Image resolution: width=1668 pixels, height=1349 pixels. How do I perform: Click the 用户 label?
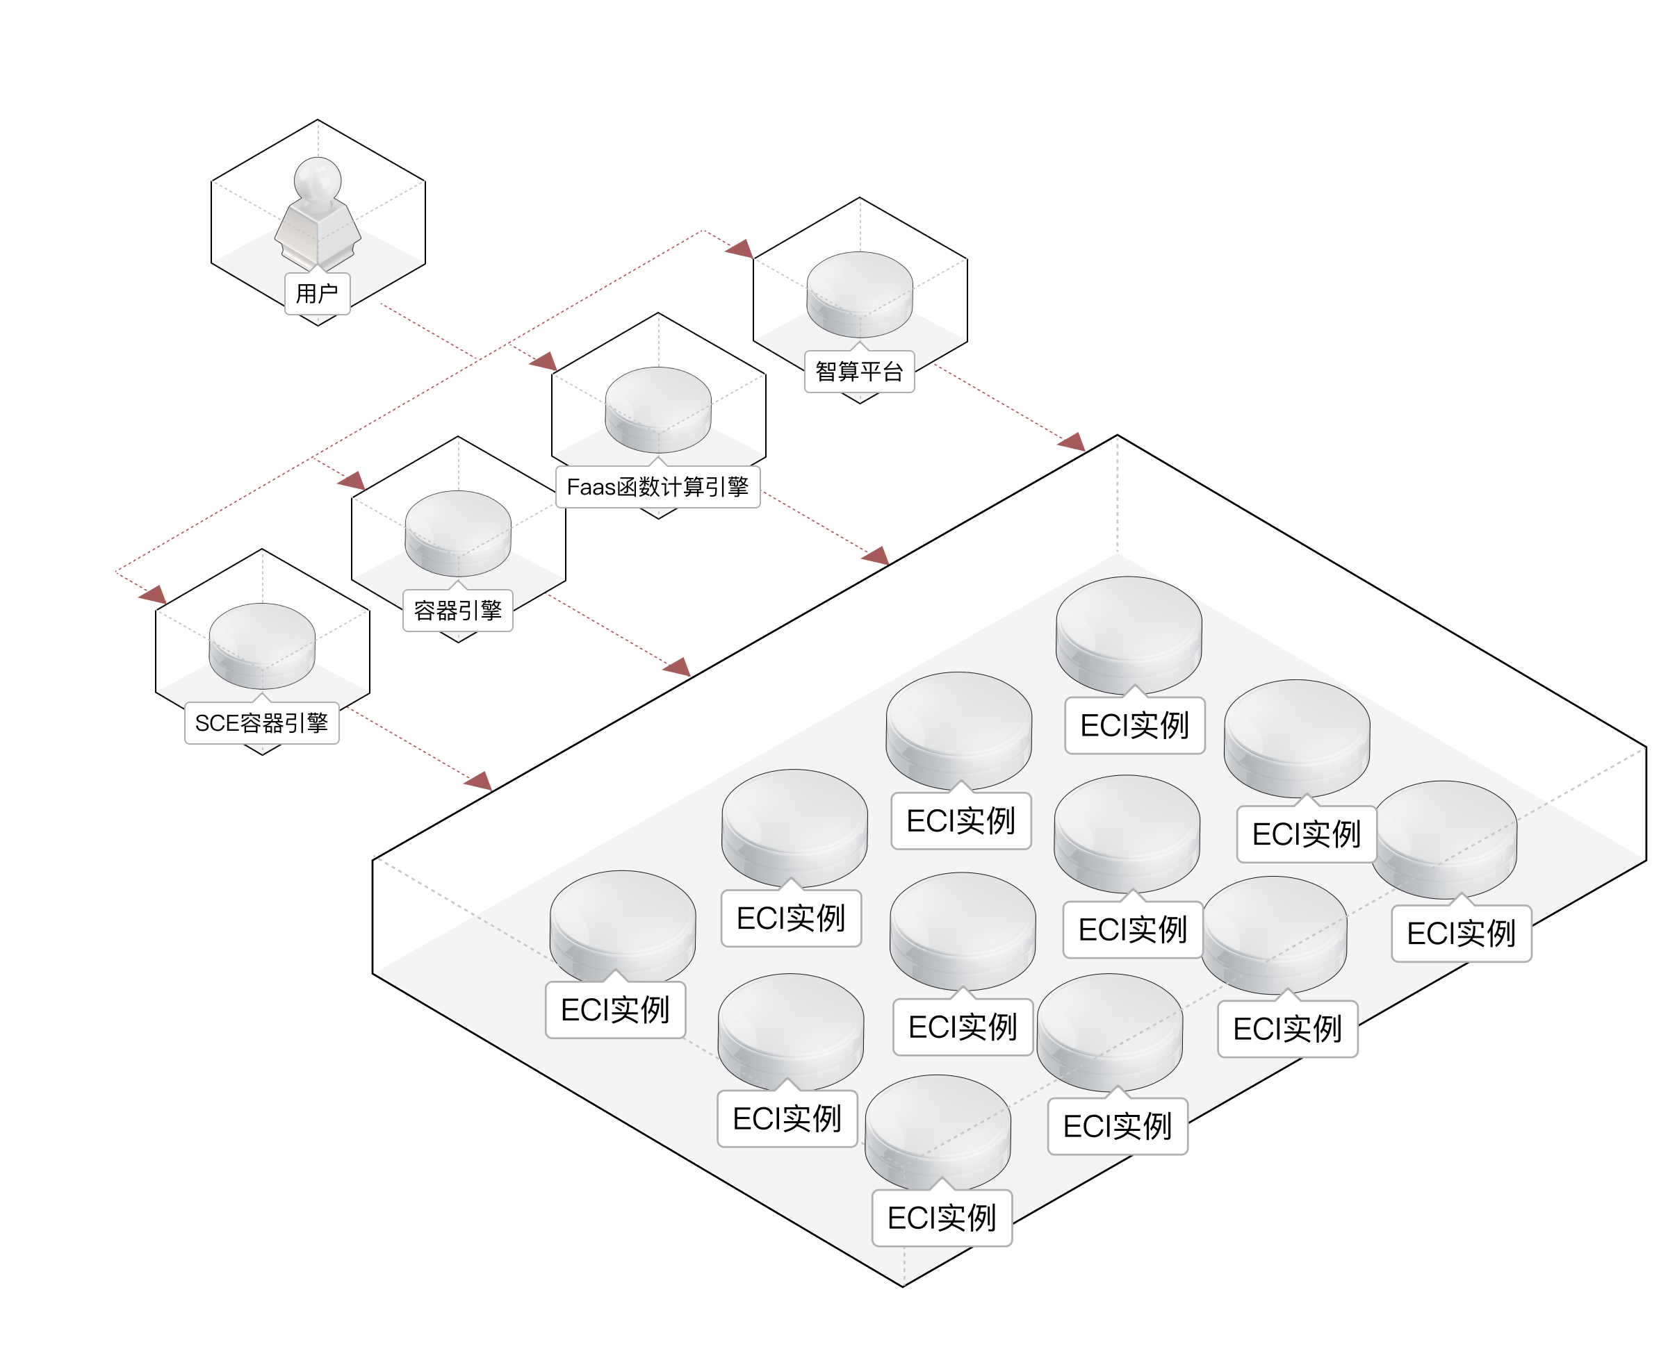pos(317,294)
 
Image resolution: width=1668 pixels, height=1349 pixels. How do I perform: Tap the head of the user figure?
pos(318,178)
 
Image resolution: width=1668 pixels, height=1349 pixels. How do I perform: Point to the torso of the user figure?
pos(317,229)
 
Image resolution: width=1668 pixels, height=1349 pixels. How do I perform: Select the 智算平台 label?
pos(859,372)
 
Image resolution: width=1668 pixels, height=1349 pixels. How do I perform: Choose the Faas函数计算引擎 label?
pos(657,487)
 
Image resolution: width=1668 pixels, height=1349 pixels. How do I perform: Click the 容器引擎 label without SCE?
pos(458,611)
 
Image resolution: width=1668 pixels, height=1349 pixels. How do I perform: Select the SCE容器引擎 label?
pos(262,723)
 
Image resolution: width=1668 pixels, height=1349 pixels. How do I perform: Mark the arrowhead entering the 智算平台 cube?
pos(741,249)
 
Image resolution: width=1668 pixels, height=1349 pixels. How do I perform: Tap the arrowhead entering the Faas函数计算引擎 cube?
pos(545,361)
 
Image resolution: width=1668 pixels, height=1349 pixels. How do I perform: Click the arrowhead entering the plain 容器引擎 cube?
pos(353,480)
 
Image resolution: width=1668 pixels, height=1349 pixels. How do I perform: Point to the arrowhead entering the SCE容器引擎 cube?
pos(154,595)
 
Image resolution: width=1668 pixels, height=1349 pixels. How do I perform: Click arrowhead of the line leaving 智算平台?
pos(1073,443)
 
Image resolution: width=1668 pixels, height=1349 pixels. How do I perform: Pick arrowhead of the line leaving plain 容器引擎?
pos(678,667)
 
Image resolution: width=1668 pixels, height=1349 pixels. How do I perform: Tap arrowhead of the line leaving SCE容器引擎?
pos(480,781)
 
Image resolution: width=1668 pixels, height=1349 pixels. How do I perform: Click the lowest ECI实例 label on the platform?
pos(942,1218)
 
